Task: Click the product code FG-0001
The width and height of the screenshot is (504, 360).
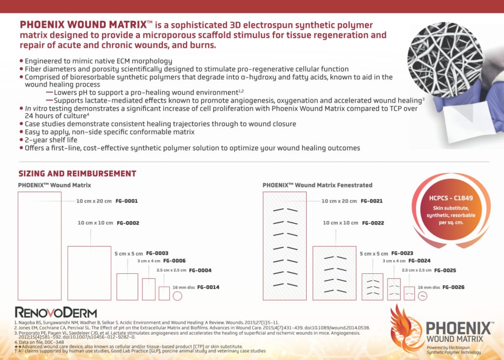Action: coord(126,201)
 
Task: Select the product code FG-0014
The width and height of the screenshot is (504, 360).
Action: coord(208,287)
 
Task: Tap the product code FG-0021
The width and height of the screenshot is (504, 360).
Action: coord(372,201)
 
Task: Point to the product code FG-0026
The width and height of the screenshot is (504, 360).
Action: coord(453,287)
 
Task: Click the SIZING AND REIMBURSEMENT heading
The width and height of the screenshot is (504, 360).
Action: coord(77,174)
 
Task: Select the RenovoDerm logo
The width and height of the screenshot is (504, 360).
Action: coord(56,312)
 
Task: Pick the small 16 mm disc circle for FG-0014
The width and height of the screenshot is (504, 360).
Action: coord(177,296)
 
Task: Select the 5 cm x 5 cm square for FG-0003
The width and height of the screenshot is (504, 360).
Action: coord(127,286)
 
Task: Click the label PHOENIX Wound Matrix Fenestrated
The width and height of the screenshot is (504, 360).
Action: coord(317,185)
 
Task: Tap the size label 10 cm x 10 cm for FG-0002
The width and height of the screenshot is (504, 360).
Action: coord(95,223)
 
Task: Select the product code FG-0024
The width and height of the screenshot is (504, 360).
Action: coord(419,261)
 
